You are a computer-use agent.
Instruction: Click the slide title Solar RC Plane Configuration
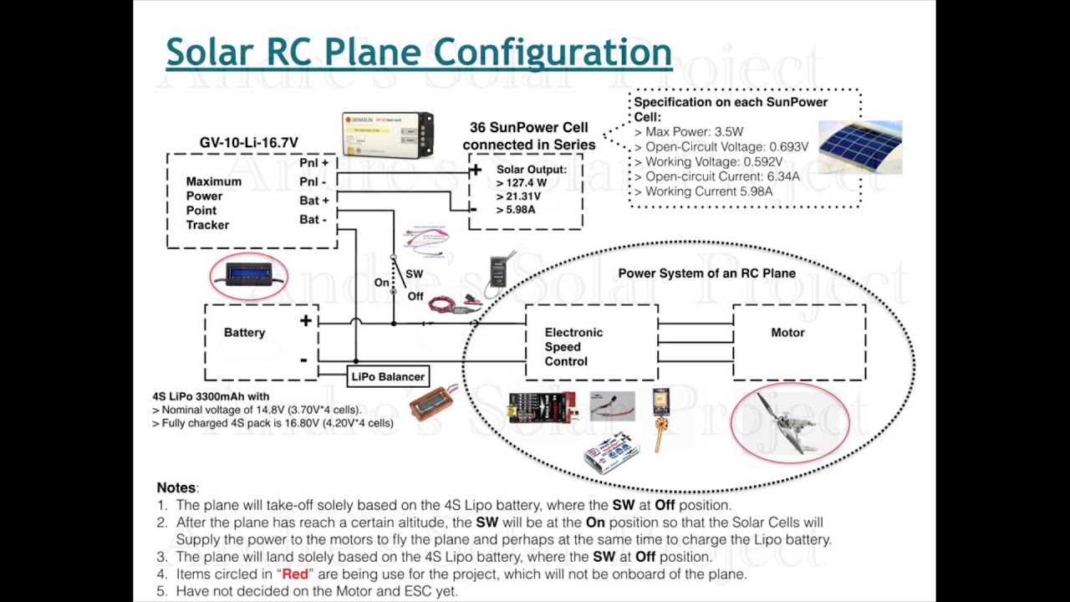coord(418,52)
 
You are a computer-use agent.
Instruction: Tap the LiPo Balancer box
coord(388,377)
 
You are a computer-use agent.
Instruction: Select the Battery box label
coord(244,333)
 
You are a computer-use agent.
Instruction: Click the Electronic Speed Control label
coord(573,347)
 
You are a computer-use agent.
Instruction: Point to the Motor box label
coord(787,333)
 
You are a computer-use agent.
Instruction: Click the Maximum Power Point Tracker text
coord(213,203)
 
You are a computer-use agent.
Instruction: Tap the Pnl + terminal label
coord(313,163)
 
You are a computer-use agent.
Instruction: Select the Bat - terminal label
coord(313,220)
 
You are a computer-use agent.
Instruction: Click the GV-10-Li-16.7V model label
coord(248,143)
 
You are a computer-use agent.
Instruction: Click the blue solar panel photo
coord(860,146)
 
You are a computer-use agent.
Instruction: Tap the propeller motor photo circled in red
coord(790,422)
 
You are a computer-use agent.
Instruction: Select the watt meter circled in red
coord(249,275)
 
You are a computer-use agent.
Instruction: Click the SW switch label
coord(414,274)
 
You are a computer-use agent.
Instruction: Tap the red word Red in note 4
coord(295,574)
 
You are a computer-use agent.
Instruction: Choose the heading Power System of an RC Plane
coord(706,273)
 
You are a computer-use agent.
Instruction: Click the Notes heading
coord(176,487)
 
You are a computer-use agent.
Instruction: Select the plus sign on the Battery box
coord(306,321)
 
